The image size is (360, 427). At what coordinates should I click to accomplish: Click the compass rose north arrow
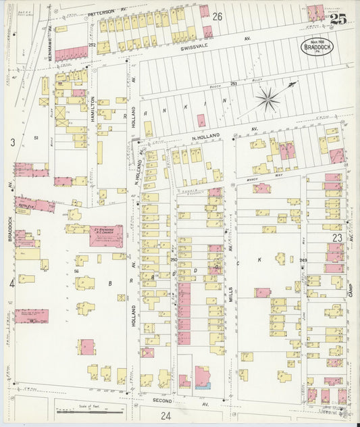tap(269, 100)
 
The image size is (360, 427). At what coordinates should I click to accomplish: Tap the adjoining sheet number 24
tap(165, 416)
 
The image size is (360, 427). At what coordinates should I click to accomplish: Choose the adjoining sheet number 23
tap(338, 238)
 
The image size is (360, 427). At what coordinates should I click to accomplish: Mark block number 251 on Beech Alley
tap(233, 83)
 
